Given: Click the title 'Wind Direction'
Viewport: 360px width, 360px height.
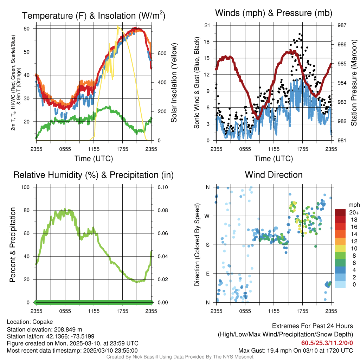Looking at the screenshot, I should click(x=274, y=175).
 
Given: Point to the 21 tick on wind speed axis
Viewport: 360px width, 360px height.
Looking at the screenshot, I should click(x=207, y=25).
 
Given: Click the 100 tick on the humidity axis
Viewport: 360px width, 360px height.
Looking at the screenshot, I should click(x=27, y=187).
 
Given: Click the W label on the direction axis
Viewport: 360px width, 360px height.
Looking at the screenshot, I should click(x=207, y=216).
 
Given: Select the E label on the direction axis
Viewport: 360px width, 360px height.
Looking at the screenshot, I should click(x=207, y=274).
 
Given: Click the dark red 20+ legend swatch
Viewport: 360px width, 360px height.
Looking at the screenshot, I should click(x=340, y=212).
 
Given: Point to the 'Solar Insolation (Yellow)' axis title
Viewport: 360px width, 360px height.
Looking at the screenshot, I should click(x=174, y=83).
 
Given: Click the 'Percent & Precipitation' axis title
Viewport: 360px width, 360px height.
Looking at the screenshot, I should click(x=13, y=245).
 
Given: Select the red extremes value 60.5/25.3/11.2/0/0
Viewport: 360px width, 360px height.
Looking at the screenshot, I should click(x=327, y=343).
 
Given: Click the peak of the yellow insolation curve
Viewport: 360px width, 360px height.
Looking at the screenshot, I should click(x=118, y=27).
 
